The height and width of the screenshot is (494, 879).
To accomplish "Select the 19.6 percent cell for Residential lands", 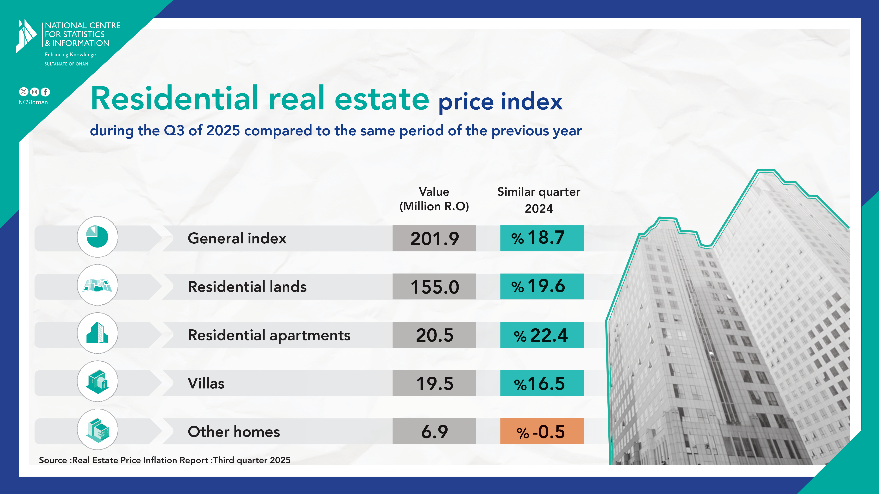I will tap(542, 286).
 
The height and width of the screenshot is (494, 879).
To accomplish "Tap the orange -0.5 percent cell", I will tap(542, 431).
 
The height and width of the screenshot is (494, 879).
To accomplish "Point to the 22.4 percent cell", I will tap(542, 335).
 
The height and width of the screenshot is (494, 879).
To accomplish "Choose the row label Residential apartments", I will tap(269, 335).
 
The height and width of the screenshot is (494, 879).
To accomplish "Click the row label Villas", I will tap(206, 383).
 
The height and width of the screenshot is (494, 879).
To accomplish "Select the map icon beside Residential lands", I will tap(97, 285).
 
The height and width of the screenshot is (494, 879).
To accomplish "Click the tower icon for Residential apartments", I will tap(97, 333).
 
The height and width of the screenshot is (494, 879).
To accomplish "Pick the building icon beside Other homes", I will tap(97, 430).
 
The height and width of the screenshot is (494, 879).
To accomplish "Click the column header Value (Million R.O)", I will tap(434, 199).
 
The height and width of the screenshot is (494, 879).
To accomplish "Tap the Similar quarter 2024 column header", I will tap(539, 200).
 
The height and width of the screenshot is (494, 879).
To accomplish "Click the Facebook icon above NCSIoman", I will tap(45, 92).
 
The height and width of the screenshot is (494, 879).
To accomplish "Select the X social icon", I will tap(23, 92).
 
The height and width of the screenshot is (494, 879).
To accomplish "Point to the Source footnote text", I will tap(165, 460).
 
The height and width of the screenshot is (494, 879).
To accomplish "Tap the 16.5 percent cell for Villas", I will tap(542, 383).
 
